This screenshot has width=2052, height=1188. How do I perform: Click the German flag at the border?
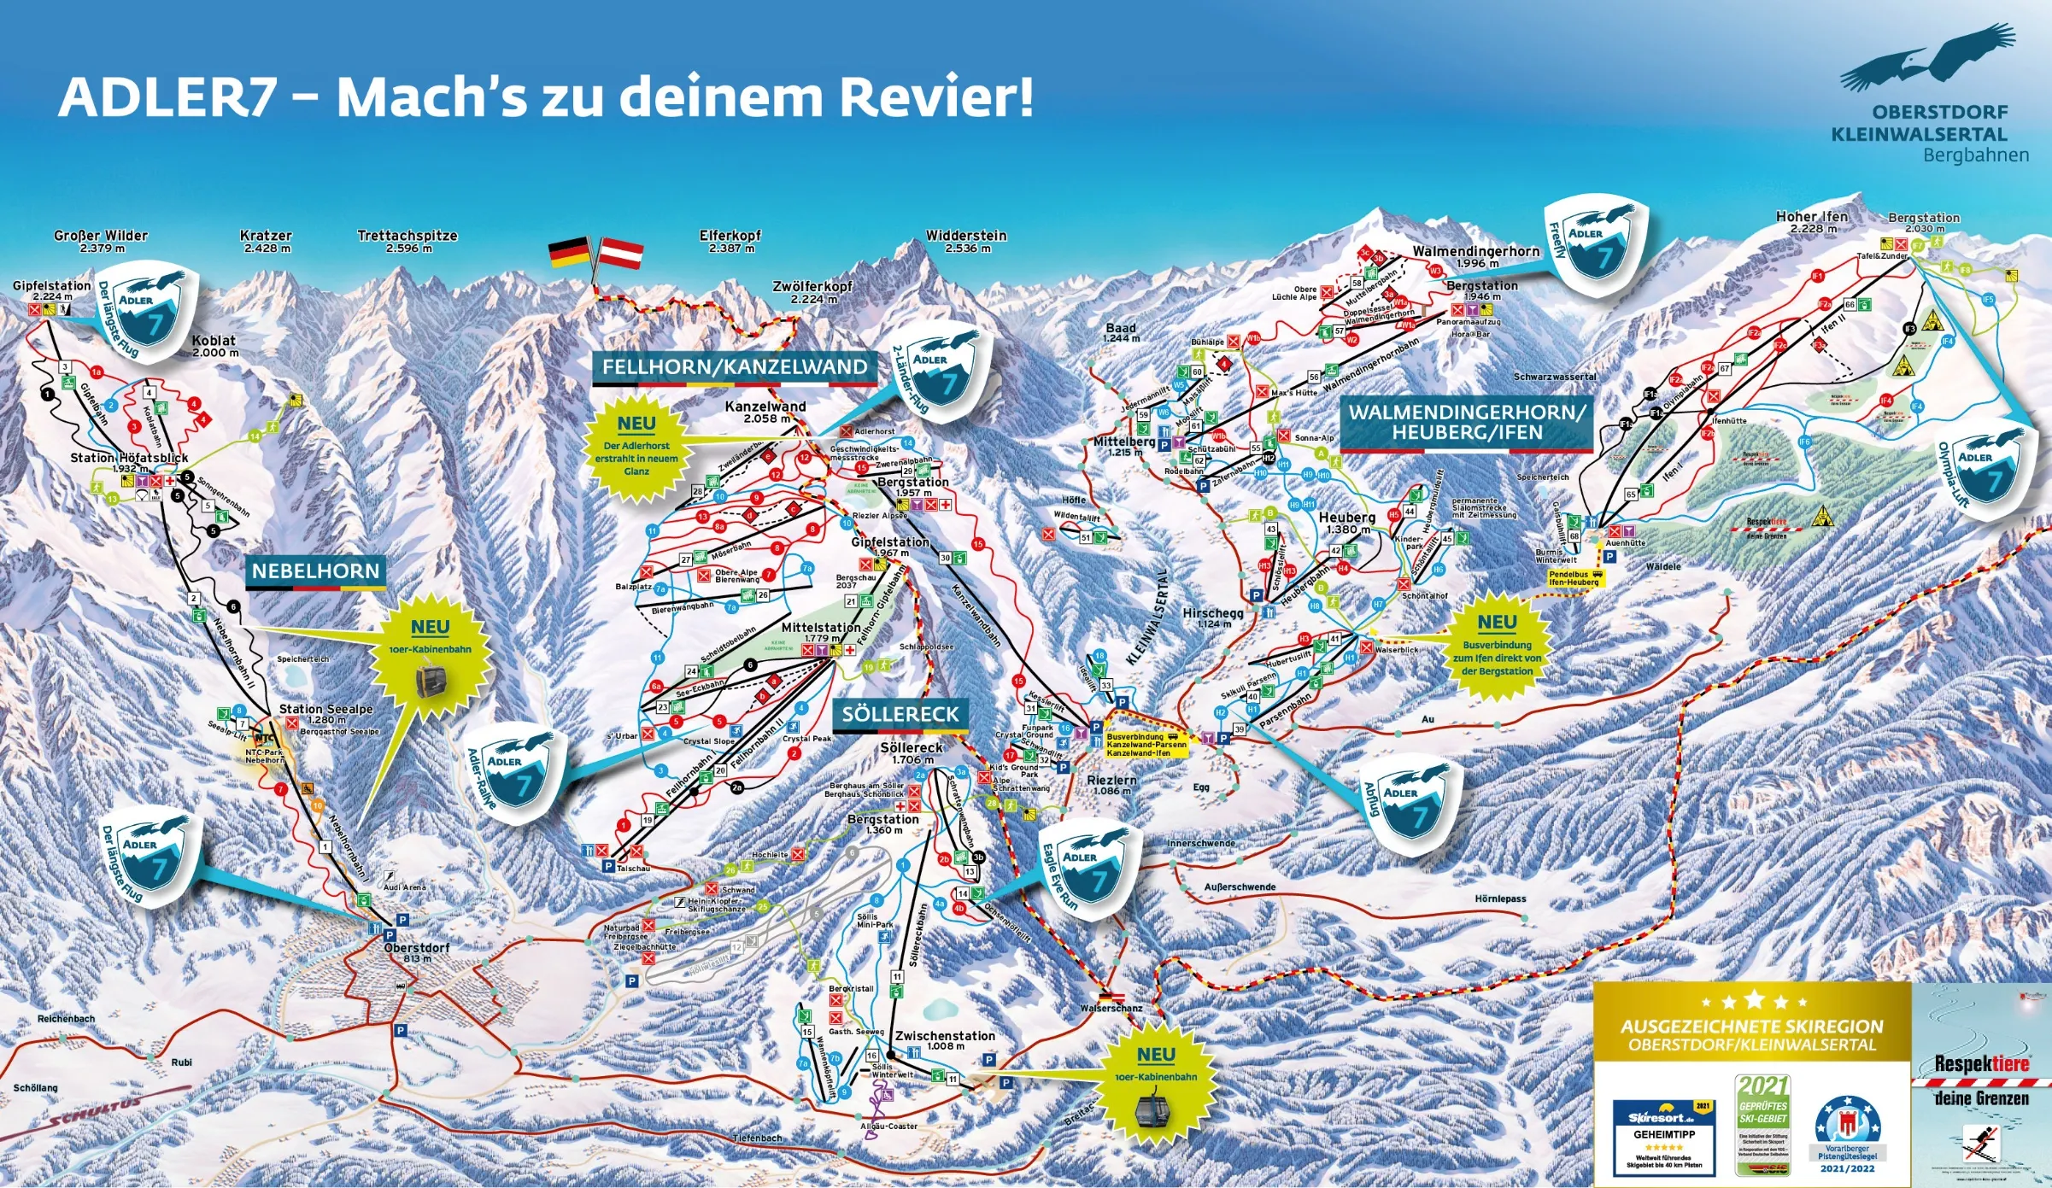569,253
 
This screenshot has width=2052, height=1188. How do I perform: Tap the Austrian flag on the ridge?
620,253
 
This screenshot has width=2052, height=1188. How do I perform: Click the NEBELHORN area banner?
315,572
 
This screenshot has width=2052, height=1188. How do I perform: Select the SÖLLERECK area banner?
900,715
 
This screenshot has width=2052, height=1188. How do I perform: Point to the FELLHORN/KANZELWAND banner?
735,367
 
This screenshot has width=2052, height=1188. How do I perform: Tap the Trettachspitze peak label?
407,241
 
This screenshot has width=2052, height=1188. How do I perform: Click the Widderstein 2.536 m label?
966,241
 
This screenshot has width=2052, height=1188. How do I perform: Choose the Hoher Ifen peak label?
1811,222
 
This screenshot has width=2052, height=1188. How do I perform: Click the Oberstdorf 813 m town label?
416,952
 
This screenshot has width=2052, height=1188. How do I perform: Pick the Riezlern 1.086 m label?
1111,785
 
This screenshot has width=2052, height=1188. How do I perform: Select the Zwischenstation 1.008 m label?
945,1039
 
